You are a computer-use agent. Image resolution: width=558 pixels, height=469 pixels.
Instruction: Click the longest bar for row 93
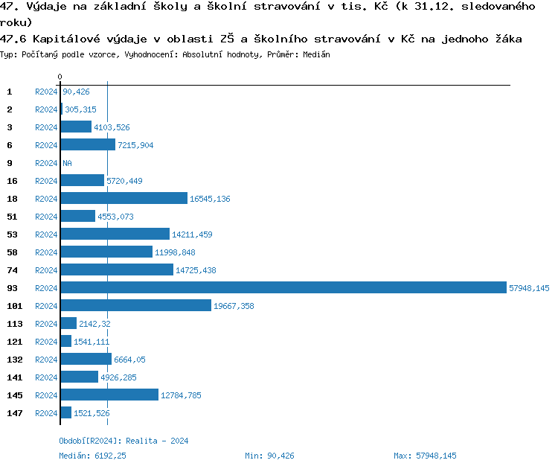[x=283, y=288]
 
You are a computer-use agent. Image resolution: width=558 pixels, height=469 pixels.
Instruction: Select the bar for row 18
[x=124, y=199]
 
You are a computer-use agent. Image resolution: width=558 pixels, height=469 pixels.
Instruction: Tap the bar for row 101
[x=135, y=306]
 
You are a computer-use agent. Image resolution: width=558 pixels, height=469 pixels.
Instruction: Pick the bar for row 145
[x=109, y=395]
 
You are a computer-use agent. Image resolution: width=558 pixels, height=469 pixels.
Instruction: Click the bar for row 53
[x=115, y=234]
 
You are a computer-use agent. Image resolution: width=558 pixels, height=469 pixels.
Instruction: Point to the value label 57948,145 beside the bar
[x=529, y=288]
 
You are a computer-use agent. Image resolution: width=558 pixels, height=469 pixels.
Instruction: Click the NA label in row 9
[x=67, y=163]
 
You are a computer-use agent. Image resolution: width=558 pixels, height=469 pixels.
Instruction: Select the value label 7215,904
[x=135, y=145]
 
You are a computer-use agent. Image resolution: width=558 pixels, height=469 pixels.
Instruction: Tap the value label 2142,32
[x=94, y=324]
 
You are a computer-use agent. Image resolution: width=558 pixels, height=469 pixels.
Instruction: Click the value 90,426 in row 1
[x=77, y=92]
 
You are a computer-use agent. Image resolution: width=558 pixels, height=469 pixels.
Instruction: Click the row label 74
[x=13, y=270]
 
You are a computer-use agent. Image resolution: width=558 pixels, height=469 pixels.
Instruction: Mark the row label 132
[x=15, y=360]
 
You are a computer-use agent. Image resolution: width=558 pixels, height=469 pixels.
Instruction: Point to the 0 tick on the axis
[x=60, y=77]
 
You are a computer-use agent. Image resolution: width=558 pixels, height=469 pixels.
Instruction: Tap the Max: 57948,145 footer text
[x=425, y=456]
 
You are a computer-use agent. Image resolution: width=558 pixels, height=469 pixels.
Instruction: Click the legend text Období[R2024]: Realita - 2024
[x=124, y=441]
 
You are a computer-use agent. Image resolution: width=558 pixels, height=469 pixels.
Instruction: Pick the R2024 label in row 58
[x=46, y=252]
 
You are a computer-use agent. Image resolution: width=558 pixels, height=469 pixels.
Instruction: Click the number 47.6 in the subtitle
[x=13, y=39]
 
